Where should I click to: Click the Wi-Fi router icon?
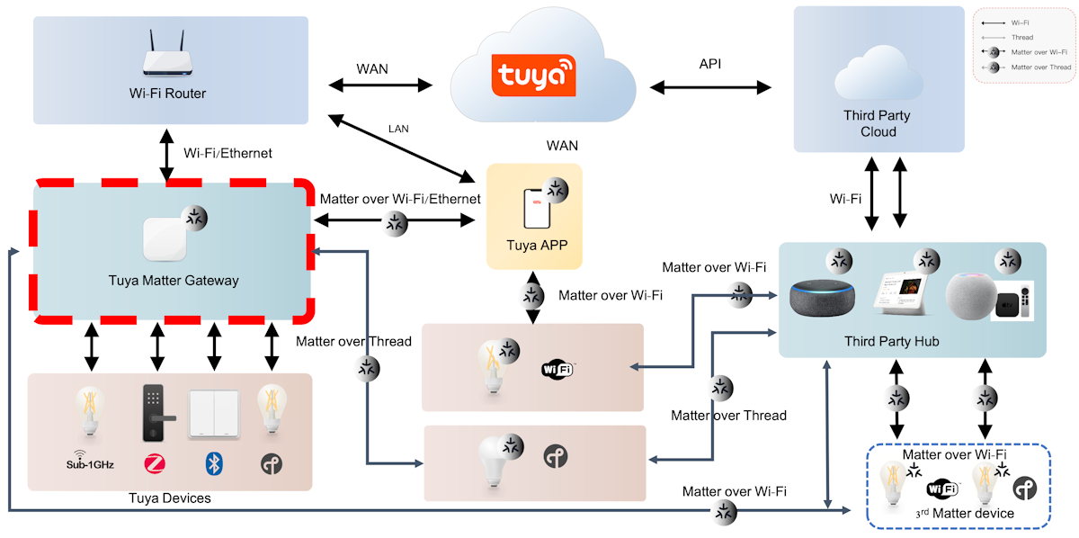[x=168, y=60]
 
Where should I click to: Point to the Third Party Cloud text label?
[x=877, y=123]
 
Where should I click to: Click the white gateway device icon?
[x=167, y=238]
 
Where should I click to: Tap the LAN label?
[x=398, y=129]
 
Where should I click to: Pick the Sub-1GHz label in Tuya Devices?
[x=90, y=464]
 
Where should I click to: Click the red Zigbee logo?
[x=153, y=464]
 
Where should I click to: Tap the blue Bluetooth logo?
[x=213, y=464]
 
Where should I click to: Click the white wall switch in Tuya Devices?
[x=213, y=414]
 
